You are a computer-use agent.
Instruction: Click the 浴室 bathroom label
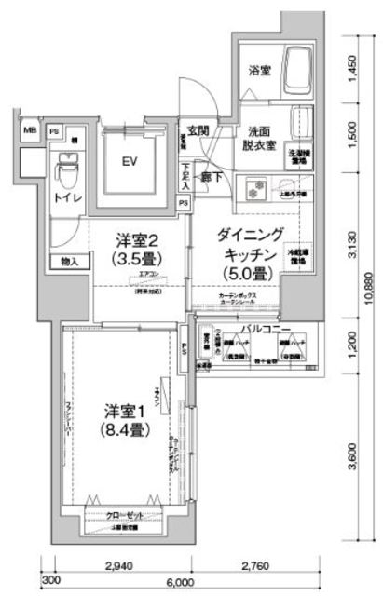tap(258, 70)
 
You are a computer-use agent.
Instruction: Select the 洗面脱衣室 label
tap(258, 138)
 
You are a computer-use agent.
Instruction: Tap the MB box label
tap(29, 130)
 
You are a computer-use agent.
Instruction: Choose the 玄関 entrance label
tap(197, 130)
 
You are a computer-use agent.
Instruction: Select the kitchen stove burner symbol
tap(253, 189)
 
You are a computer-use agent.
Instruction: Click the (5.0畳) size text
tap(246, 274)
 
